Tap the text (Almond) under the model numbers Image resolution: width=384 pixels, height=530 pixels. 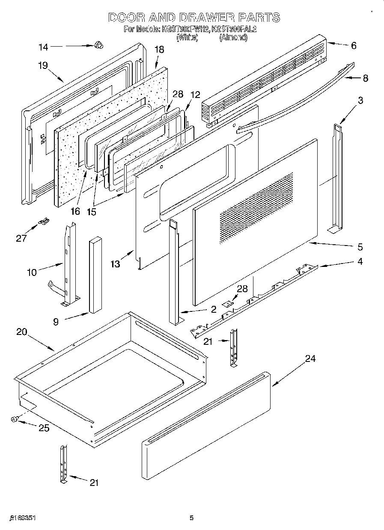coord(233,37)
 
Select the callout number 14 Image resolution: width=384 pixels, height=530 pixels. coord(44,47)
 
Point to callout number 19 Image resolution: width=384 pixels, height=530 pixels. coord(42,65)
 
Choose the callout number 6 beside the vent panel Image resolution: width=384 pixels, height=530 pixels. coord(353,46)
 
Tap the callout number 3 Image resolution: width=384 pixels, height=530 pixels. coord(360,101)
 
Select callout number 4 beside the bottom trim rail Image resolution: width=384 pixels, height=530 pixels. coord(360,261)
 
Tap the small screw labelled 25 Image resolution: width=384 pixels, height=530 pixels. coord(14,420)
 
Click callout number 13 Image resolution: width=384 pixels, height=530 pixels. coord(115,264)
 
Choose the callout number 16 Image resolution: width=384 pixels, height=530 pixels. coord(75,211)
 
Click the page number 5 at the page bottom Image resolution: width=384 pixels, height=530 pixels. coord(192,518)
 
